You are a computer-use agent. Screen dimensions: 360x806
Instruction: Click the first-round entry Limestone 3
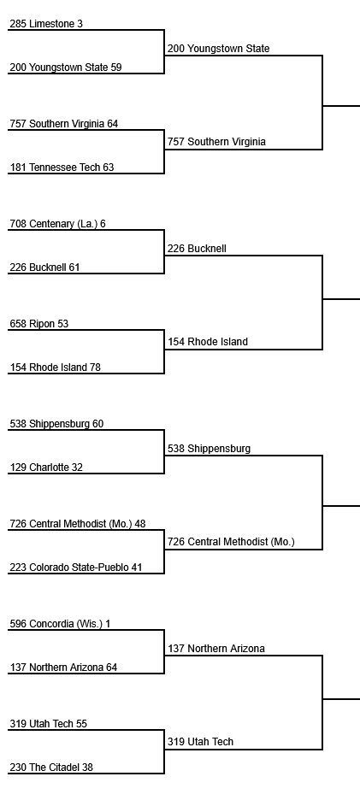coord(46,24)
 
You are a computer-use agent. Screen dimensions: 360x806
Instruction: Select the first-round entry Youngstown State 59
coord(66,68)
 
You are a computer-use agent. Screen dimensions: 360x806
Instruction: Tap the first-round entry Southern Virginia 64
coord(64,124)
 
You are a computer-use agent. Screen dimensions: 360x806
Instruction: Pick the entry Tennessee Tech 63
coord(62,168)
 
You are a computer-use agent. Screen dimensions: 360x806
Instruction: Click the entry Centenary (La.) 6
coord(57,224)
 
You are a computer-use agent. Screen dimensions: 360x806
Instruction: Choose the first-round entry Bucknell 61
coord(44,268)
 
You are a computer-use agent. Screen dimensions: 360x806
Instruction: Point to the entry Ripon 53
coord(39,324)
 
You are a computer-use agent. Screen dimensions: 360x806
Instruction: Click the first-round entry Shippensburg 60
coord(56,424)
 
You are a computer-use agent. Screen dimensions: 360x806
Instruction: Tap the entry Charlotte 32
coord(46,468)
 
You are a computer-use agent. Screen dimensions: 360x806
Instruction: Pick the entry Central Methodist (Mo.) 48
coord(78,524)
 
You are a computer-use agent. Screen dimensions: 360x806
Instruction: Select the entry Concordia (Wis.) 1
coord(60,624)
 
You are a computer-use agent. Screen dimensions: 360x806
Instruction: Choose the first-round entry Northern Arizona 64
coord(63,668)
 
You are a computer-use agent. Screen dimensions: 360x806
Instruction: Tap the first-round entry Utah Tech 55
coord(49,724)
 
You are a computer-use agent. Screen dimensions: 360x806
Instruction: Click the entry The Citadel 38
coord(51,768)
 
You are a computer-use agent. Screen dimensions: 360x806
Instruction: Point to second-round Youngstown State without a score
coord(219,49)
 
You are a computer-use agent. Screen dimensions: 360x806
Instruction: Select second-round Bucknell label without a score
coord(197,249)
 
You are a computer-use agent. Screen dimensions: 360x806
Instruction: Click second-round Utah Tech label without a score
coord(201,742)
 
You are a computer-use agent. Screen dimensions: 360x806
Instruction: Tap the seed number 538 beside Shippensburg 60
coord(18,424)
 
